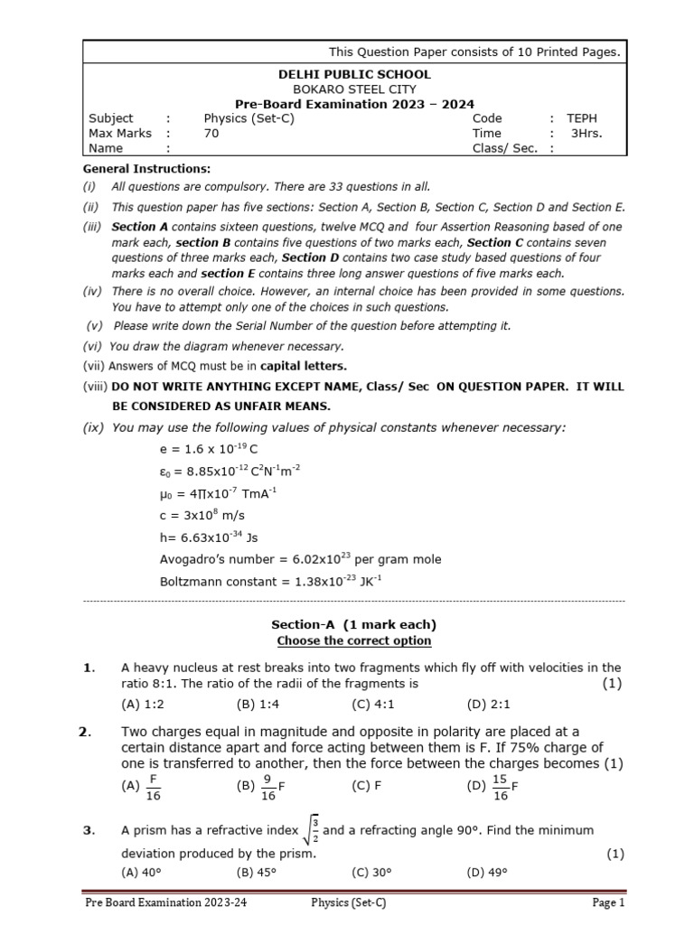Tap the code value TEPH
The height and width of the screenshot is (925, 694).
pos(582,118)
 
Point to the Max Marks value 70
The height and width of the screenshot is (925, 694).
pos(211,134)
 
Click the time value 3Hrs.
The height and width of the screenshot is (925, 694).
pos(586,134)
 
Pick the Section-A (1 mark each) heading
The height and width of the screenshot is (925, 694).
pos(353,625)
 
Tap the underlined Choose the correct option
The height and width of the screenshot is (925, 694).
pos(353,641)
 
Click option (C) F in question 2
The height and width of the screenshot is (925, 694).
pos(367,786)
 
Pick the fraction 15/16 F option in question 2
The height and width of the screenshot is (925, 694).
pos(492,786)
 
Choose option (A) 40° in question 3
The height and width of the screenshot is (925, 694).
pos(141,873)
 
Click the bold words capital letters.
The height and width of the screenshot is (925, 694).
pos(304,366)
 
